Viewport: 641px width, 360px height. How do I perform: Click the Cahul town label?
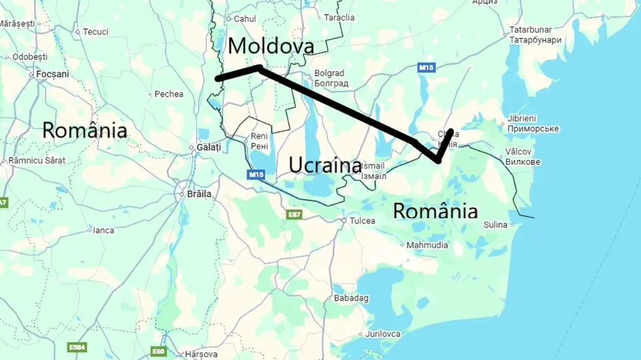pos(245,19)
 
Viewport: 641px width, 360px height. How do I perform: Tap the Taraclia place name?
pos(340,18)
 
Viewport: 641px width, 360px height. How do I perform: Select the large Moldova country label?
pos(271,46)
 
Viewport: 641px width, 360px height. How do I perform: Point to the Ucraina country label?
pos(325,165)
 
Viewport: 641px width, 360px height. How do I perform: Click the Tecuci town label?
pos(95,31)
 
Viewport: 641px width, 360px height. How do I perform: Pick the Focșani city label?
pos(52,74)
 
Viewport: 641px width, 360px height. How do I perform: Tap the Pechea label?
pos(169,94)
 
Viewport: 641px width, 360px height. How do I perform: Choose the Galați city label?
pos(208,148)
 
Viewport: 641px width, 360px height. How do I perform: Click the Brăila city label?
pos(199,194)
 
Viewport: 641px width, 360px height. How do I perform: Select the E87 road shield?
pos(294,214)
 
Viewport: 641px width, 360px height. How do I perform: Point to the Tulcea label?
pos(363,221)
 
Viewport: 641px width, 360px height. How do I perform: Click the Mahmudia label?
pos(427,245)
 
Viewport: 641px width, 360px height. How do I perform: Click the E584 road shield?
pos(76,347)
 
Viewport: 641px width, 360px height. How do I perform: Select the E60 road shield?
pos(159,351)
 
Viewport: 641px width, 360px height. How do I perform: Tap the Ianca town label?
pos(103,230)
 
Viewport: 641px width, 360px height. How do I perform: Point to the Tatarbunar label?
pos(531,30)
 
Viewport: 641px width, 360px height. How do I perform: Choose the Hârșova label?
pos(201,354)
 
